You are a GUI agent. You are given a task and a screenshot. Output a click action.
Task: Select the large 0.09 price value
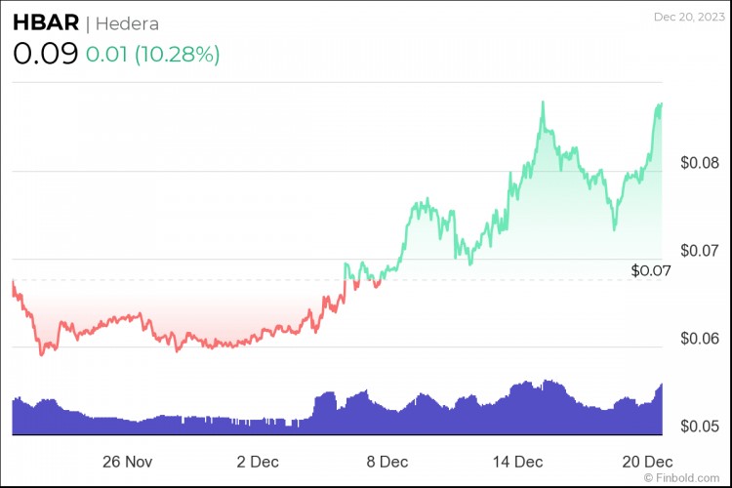pos(45,54)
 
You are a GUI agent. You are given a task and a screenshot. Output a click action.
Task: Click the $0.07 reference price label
pos(652,269)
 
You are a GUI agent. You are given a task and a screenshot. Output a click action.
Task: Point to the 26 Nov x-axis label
pos(128,460)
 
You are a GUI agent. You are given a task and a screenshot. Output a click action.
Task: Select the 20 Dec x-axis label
pos(647,460)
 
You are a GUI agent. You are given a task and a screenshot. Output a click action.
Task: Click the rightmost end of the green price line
pos(662,103)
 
